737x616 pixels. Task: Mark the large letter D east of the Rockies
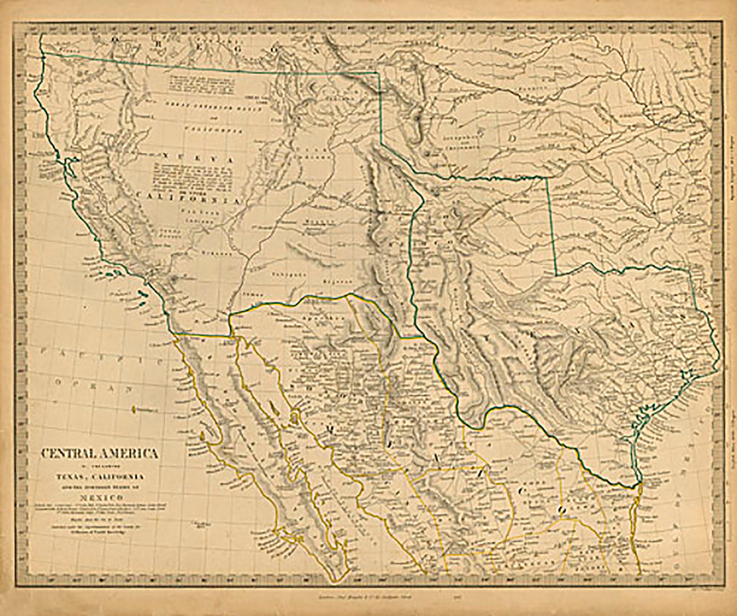pos(512,138)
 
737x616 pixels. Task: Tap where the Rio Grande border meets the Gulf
pos(640,485)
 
